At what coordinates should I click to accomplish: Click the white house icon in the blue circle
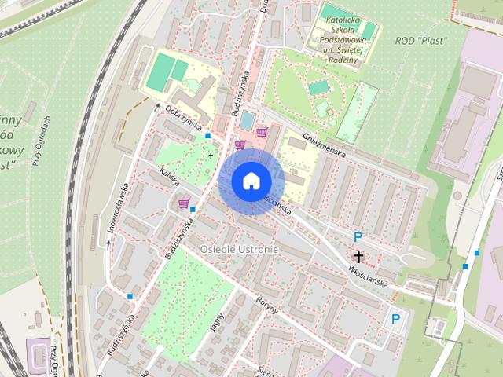[x=251, y=181]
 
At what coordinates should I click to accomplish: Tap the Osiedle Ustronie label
[x=239, y=249]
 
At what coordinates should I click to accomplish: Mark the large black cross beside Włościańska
[x=358, y=257]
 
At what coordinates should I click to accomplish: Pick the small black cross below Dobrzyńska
[x=210, y=156]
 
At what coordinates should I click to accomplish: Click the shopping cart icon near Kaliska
[x=184, y=204]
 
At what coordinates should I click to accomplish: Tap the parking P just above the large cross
[x=358, y=236]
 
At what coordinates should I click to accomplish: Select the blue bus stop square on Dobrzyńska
[x=207, y=136]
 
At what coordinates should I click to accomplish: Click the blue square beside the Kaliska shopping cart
[x=193, y=210]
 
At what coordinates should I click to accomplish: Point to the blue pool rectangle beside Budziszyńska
[x=247, y=120]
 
